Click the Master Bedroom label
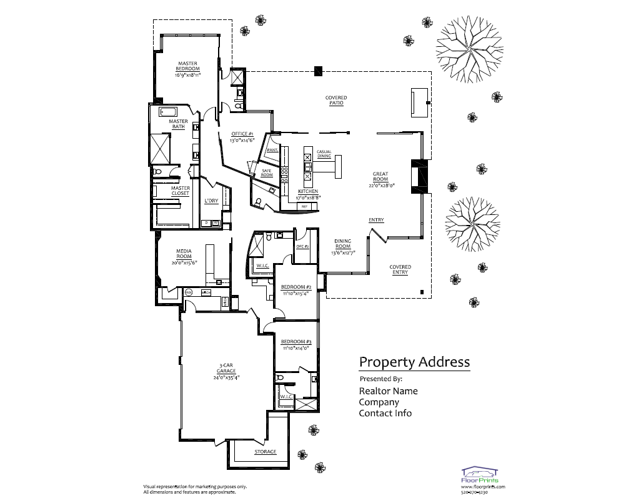pyautogui.click(x=187, y=66)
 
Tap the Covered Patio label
pyautogui.click(x=335, y=100)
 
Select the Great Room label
pyautogui.click(x=380, y=177)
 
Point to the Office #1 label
pyautogui.click(x=242, y=134)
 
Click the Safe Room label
pyautogui.click(x=267, y=172)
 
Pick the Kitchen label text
pyautogui.click(x=307, y=191)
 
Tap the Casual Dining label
pyautogui.click(x=324, y=154)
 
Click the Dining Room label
pyautogui.click(x=342, y=244)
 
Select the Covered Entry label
pyautogui.click(x=400, y=269)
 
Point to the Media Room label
pyautogui.click(x=184, y=254)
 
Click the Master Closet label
pyautogui.click(x=181, y=191)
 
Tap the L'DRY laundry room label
pyautogui.click(x=211, y=201)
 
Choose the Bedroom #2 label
pyautogui.click(x=296, y=287)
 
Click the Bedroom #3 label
pyautogui.click(x=296, y=342)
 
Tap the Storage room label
pyautogui.click(x=265, y=452)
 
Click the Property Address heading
pyautogui.click(x=414, y=362)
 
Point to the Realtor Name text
pyautogui.click(x=388, y=391)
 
